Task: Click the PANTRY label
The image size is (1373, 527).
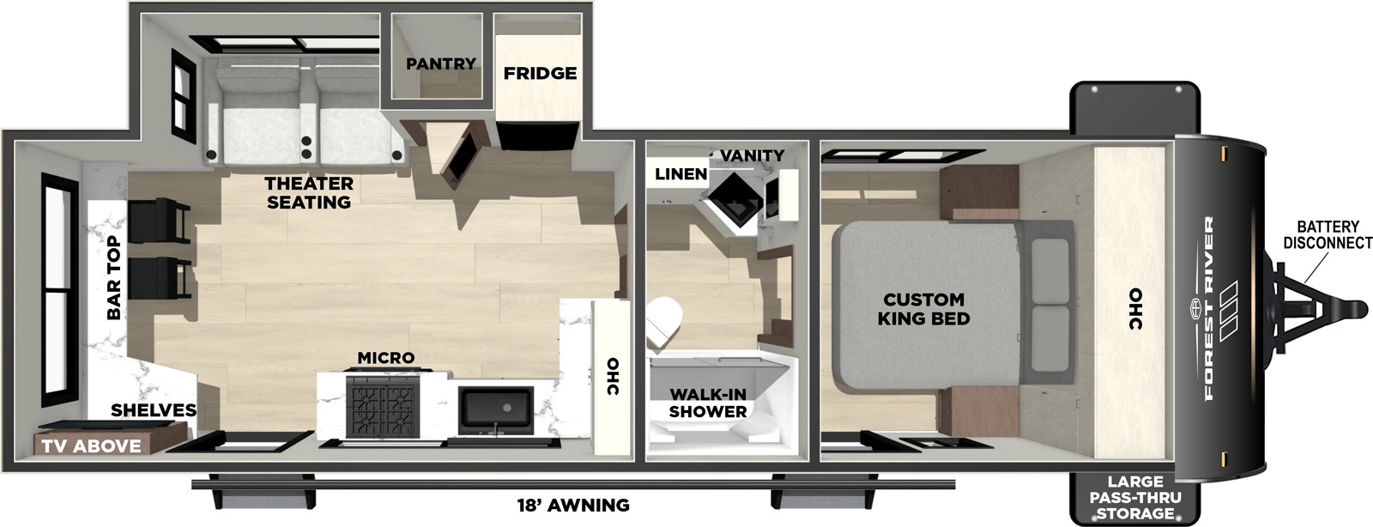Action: [440, 64]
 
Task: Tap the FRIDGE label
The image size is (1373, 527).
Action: [540, 73]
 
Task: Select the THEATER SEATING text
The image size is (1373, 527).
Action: [309, 192]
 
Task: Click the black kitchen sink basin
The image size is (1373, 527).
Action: [496, 409]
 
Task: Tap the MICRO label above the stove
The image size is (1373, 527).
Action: [386, 357]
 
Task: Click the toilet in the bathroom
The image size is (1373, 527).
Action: [662, 323]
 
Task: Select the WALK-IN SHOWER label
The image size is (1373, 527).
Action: [707, 403]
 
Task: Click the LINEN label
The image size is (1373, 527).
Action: [680, 174]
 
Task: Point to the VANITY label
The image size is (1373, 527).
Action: [752, 155]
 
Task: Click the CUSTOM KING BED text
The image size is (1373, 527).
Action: [923, 309]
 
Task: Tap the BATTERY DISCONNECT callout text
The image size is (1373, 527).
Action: [1328, 234]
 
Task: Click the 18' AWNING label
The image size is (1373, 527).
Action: [573, 505]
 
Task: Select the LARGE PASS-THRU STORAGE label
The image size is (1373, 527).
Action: [1134, 498]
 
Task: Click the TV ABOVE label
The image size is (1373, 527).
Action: [91, 445]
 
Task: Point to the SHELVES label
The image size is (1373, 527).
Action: [154, 410]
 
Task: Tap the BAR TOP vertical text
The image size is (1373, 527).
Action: [114, 278]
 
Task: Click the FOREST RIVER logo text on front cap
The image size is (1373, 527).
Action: [1208, 309]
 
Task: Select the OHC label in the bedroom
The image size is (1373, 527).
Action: [1135, 309]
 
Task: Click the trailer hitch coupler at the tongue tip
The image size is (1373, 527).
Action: [1354, 306]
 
